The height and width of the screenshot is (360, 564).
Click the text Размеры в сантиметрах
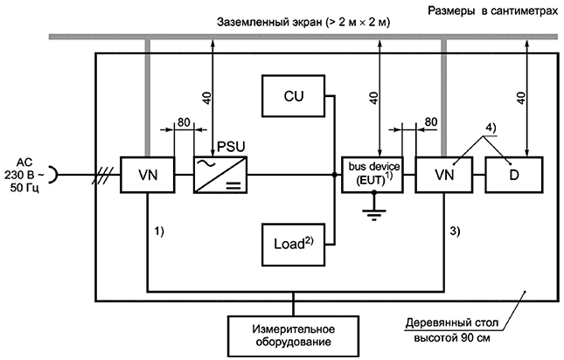491,9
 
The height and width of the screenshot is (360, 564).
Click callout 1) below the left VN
159,233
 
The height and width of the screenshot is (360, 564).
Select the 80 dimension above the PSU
184,122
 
